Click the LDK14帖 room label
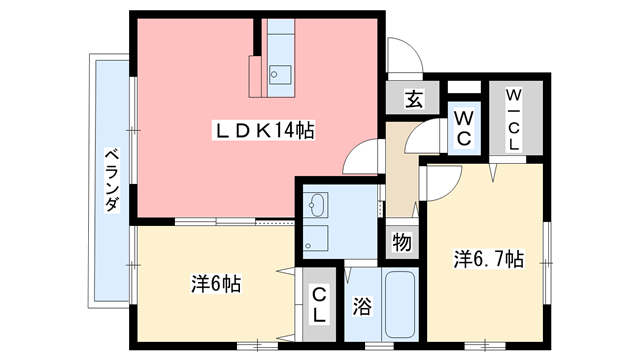[263, 131]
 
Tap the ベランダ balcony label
[112, 180]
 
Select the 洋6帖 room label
[216, 284]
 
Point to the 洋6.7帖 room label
[489, 259]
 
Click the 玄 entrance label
[413, 98]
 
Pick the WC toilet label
[464, 129]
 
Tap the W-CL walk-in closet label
[513, 119]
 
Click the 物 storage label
[402, 242]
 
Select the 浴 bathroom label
[362, 306]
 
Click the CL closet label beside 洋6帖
[319, 304]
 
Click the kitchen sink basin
[280, 75]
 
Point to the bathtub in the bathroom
[400, 304]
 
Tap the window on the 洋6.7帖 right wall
[547, 263]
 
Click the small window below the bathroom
[379, 346]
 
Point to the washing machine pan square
[316, 238]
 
